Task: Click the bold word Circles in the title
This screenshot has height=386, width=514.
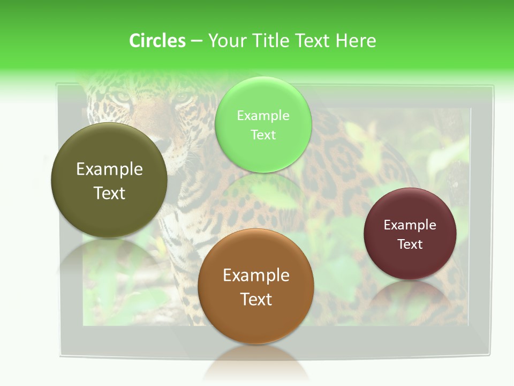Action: point(157,41)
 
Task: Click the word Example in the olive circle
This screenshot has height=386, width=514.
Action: point(109,169)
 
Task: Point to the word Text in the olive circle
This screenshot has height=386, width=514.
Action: point(109,193)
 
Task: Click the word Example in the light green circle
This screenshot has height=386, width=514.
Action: point(263,116)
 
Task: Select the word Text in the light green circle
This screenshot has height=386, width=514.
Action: point(263,135)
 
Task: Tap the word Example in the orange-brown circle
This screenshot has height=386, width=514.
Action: point(256,276)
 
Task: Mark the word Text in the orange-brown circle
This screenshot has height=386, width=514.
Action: point(256,299)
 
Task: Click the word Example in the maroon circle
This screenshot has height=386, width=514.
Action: point(410,225)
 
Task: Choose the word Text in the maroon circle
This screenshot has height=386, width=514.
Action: point(410,244)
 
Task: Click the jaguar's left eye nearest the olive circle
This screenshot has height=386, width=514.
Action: point(123,98)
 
